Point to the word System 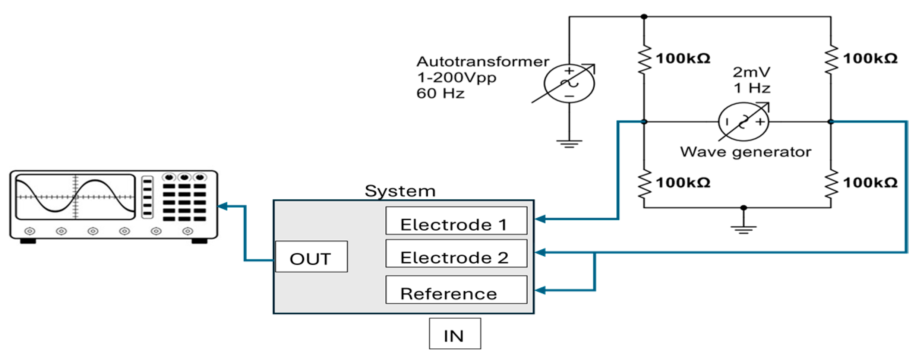400,191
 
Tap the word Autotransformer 483,61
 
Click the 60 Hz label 440,93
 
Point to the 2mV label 751,72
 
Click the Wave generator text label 745,152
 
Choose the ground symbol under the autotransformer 569,144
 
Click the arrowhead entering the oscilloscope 222,206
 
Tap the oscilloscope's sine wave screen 75,197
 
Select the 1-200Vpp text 457,78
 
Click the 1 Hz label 752,88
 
